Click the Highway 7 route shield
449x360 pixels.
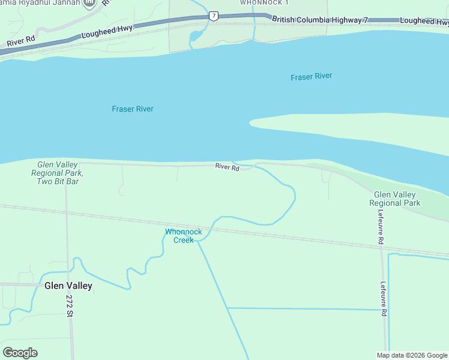(214, 15)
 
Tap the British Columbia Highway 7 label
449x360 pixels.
(320, 20)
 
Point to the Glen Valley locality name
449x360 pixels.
(68, 286)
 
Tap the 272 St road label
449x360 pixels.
(70, 306)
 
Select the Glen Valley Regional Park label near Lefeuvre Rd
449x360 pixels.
(397, 199)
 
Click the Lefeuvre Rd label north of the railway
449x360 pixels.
(381, 231)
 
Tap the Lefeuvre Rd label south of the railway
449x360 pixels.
(384, 299)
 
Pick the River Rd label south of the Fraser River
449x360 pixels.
(228, 168)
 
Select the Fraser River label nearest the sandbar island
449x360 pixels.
(311, 77)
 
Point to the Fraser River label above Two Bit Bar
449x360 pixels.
(132, 109)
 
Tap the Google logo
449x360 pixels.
(20, 353)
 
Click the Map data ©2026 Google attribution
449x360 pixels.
(412, 355)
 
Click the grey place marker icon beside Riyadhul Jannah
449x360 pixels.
(89, 4)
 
